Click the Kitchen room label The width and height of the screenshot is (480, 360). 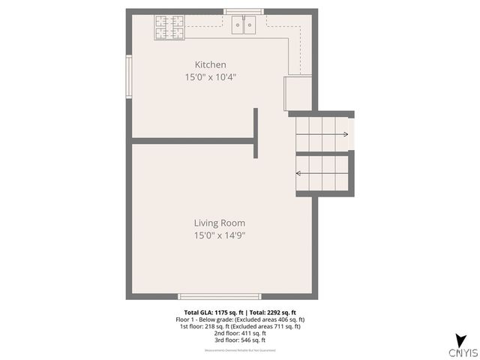(210, 64)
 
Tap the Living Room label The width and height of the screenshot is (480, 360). (219, 223)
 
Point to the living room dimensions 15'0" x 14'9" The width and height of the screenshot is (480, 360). (220, 235)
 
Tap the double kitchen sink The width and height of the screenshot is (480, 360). (244, 25)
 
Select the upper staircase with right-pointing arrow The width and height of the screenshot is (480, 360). (323, 134)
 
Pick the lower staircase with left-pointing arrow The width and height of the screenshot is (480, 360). (323, 173)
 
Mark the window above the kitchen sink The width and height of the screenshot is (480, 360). (244, 11)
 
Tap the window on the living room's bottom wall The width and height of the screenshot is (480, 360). (209, 297)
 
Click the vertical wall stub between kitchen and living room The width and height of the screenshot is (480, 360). (256, 133)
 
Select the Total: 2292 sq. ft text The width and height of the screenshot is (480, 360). (273, 312)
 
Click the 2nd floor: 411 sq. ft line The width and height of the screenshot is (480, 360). (240, 333)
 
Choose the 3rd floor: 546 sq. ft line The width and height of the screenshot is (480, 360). (240, 340)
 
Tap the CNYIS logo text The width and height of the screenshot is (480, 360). (463, 351)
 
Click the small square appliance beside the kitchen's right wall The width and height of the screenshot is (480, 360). (298, 91)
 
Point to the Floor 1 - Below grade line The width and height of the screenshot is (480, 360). (240, 319)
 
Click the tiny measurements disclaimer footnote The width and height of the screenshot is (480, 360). (240, 350)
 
